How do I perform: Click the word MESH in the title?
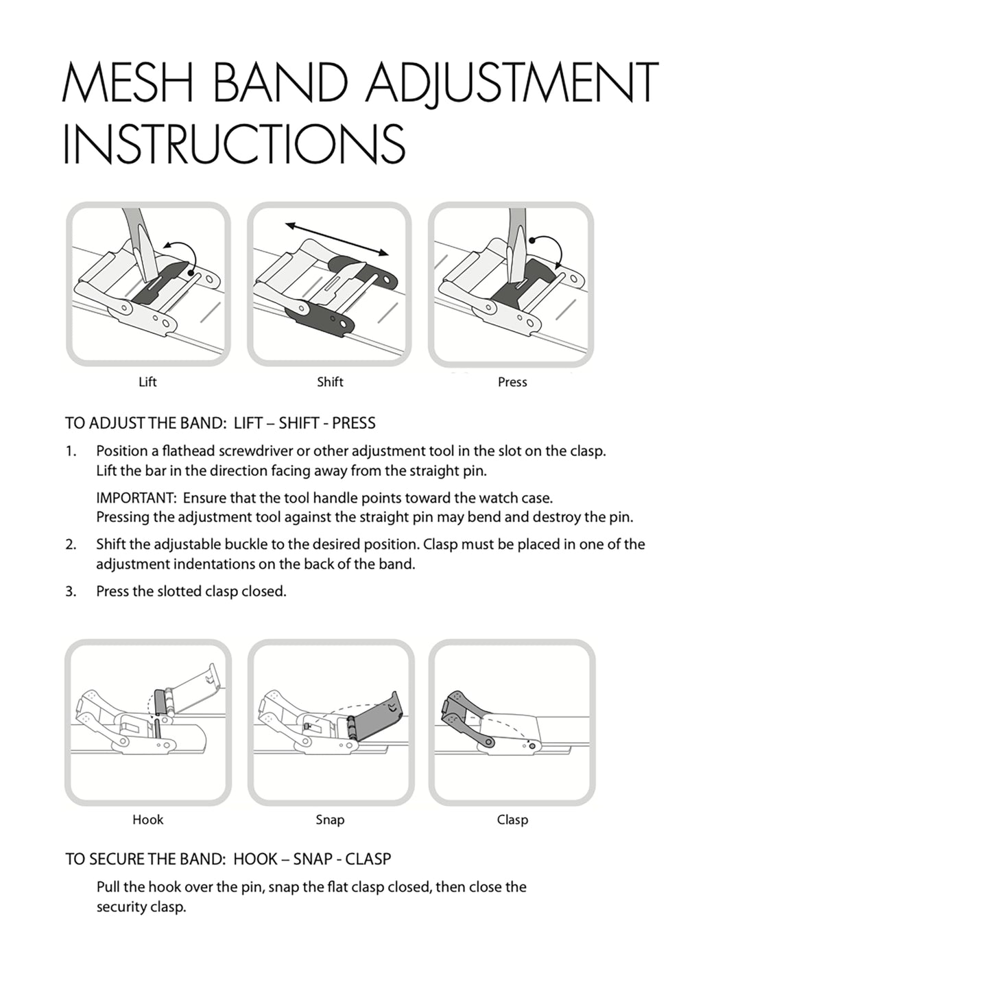pyautogui.click(x=128, y=82)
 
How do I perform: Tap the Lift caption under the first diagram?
pyautogui.click(x=147, y=382)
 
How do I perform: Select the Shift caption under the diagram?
pyautogui.click(x=330, y=382)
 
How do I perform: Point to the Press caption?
pyautogui.click(x=512, y=382)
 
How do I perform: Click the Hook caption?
pyautogui.click(x=147, y=820)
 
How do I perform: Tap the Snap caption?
pyautogui.click(x=330, y=820)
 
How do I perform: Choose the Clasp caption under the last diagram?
pyautogui.click(x=512, y=820)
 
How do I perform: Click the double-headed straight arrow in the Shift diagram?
pyautogui.click(x=337, y=239)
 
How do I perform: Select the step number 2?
pyautogui.click(x=71, y=544)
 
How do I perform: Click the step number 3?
pyautogui.click(x=71, y=591)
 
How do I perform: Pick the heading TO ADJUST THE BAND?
pyautogui.click(x=145, y=423)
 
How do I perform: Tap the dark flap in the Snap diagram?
pyautogui.click(x=374, y=717)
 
